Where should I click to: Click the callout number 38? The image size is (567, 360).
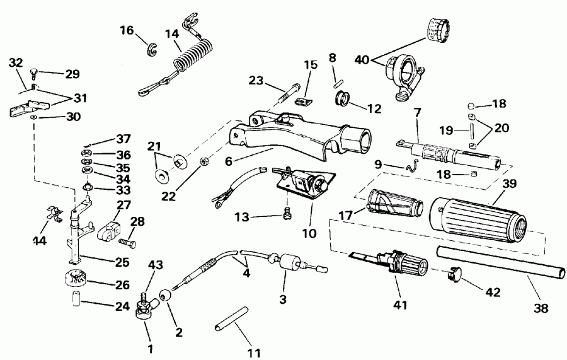(x=541, y=309)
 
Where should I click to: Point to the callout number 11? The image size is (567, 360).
(x=255, y=352)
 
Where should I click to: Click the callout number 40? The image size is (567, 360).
(x=362, y=61)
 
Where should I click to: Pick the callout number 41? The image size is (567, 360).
(x=400, y=305)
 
